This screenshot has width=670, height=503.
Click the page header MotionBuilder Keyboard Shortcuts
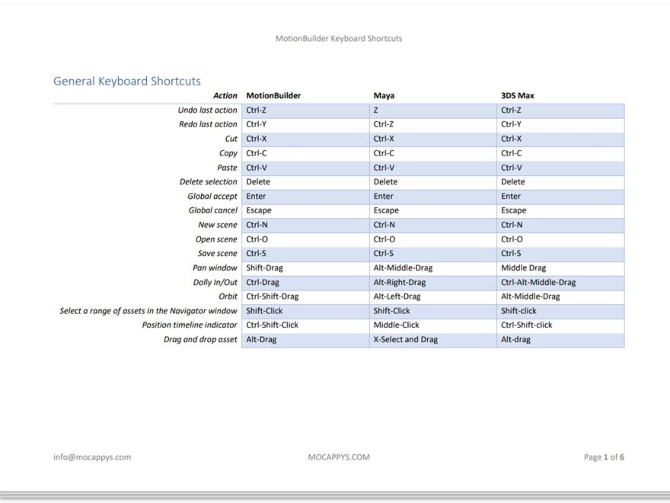coord(339,38)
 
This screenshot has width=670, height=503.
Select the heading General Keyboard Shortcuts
coord(127,81)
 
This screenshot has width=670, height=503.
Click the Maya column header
coord(384,96)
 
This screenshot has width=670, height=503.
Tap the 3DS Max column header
coord(517,96)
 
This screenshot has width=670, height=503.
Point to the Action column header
coord(225,96)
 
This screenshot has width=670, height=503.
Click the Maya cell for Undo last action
coord(376,111)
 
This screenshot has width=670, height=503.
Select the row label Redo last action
coord(208,124)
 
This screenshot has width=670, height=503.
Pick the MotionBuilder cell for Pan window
coord(263,268)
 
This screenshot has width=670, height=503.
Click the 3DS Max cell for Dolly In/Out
coord(538,282)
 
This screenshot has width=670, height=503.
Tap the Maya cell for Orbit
coord(397,296)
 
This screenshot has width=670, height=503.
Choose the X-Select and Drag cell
coord(406,340)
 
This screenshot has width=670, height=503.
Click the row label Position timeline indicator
coord(190,325)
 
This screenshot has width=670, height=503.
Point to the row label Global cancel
coord(213,210)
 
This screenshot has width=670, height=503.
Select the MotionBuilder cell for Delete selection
coord(258,182)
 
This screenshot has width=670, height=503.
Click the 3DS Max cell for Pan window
coord(524,268)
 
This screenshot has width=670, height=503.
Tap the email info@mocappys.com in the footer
coord(92,457)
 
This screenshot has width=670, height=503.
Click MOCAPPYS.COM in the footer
coord(339,457)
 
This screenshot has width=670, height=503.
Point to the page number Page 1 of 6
coord(604,457)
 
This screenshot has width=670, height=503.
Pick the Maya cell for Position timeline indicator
coord(396,325)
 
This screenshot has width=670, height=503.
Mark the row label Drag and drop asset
coord(200,340)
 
